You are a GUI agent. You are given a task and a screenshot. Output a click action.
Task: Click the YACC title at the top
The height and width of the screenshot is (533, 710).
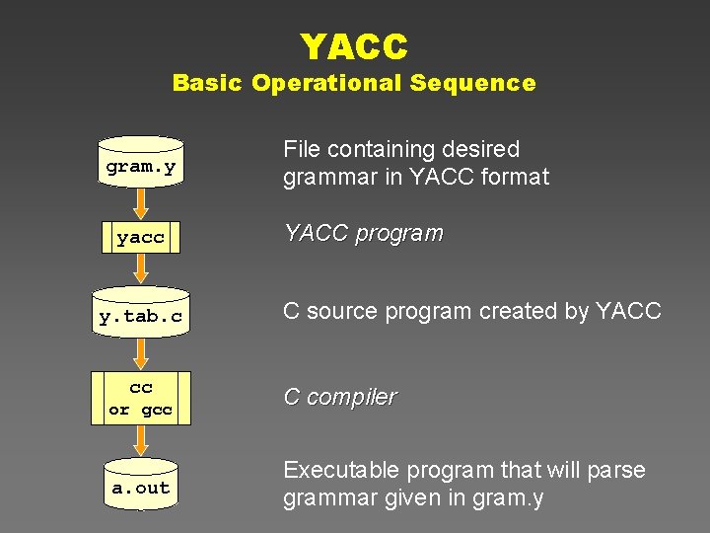coord(354,45)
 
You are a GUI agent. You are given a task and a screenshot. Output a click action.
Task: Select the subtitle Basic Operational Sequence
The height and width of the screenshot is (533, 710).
coord(354,83)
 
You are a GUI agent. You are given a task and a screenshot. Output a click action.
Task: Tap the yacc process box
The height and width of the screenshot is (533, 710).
coord(141,238)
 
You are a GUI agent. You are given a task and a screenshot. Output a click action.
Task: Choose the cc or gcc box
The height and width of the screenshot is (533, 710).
coord(141,398)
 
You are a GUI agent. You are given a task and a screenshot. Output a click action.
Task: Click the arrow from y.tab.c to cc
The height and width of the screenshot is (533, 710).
coord(141,353)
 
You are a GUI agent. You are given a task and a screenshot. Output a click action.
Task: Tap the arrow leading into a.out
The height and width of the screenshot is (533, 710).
coord(141,442)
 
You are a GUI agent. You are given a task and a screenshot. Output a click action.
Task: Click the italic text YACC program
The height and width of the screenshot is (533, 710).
coord(363,234)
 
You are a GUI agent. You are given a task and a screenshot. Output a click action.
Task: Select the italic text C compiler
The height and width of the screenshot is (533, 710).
coord(339,397)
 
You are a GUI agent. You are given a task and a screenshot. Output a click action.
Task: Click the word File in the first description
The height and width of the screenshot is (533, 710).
coord(302,149)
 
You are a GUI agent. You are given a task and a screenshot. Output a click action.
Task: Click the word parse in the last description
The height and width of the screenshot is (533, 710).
coord(618,471)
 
